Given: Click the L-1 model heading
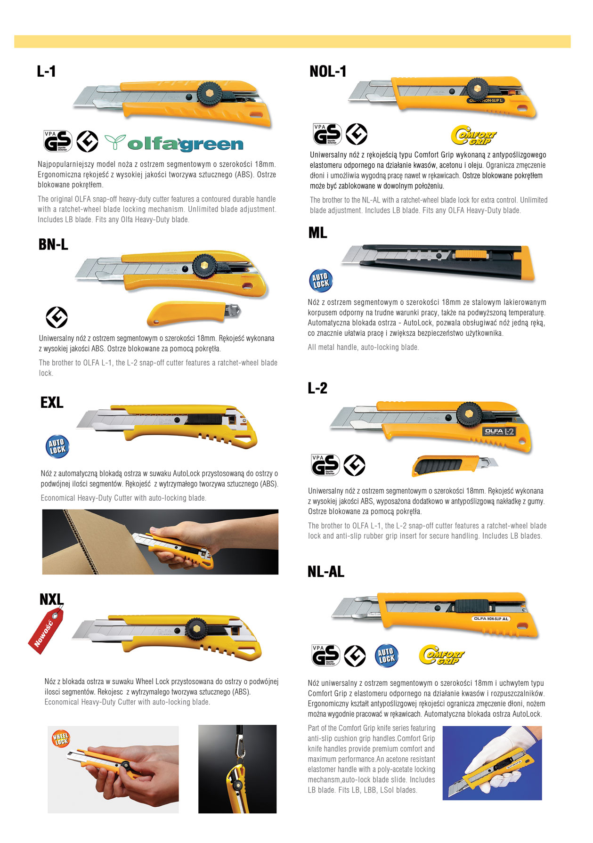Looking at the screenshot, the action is click(x=46, y=71).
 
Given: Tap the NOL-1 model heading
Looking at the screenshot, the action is click(x=328, y=71).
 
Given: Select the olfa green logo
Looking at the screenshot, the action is click(x=174, y=143).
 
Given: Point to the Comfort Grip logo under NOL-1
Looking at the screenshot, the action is click(x=473, y=135).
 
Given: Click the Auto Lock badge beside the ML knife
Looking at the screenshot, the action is click(x=321, y=280).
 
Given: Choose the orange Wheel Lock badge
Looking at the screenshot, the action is click(x=61, y=738).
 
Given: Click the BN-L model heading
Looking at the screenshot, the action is click(x=53, y=244).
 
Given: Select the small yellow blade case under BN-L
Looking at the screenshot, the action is click(x=194, y=313).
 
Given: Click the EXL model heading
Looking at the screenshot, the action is click(x=52, y=403).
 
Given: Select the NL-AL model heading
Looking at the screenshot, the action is click(x=326, y=572).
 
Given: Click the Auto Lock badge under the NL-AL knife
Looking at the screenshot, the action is click(x=387, y=656).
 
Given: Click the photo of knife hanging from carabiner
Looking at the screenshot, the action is click(x=237, y=769).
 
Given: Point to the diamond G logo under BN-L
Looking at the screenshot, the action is click(x=57, y=317).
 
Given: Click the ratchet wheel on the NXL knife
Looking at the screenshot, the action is click(x=195, y=628).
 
